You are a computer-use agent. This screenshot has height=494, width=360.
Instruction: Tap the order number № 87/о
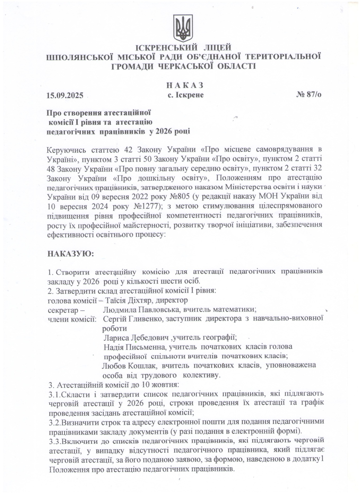(x=309, y=95)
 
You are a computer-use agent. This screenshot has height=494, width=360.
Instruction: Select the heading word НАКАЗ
(x=185, y=85)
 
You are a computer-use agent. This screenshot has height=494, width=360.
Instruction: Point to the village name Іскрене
(x=190, y=95)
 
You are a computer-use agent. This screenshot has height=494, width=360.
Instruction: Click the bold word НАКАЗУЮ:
(x=70, y=254)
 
